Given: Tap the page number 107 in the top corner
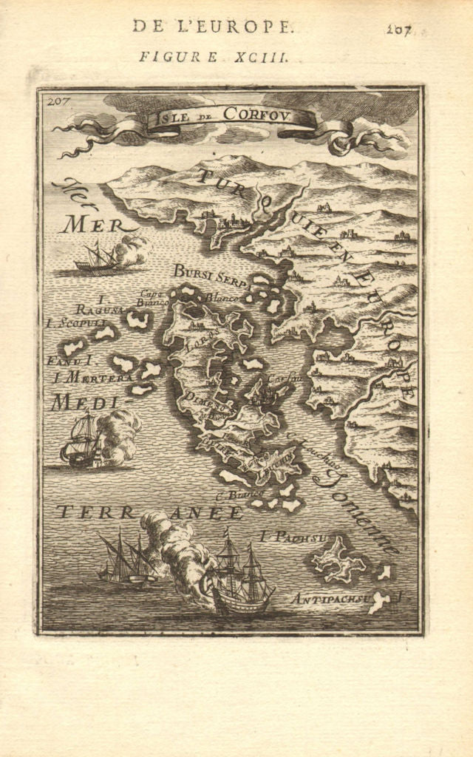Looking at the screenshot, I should [398, 30].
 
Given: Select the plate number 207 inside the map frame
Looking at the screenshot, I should [54, 101].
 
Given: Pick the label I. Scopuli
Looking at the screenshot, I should [75, 322].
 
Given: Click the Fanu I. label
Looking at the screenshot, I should [71, 361].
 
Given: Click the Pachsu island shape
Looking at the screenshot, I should [338, 558].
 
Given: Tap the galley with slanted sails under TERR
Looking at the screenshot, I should [126, 560].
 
